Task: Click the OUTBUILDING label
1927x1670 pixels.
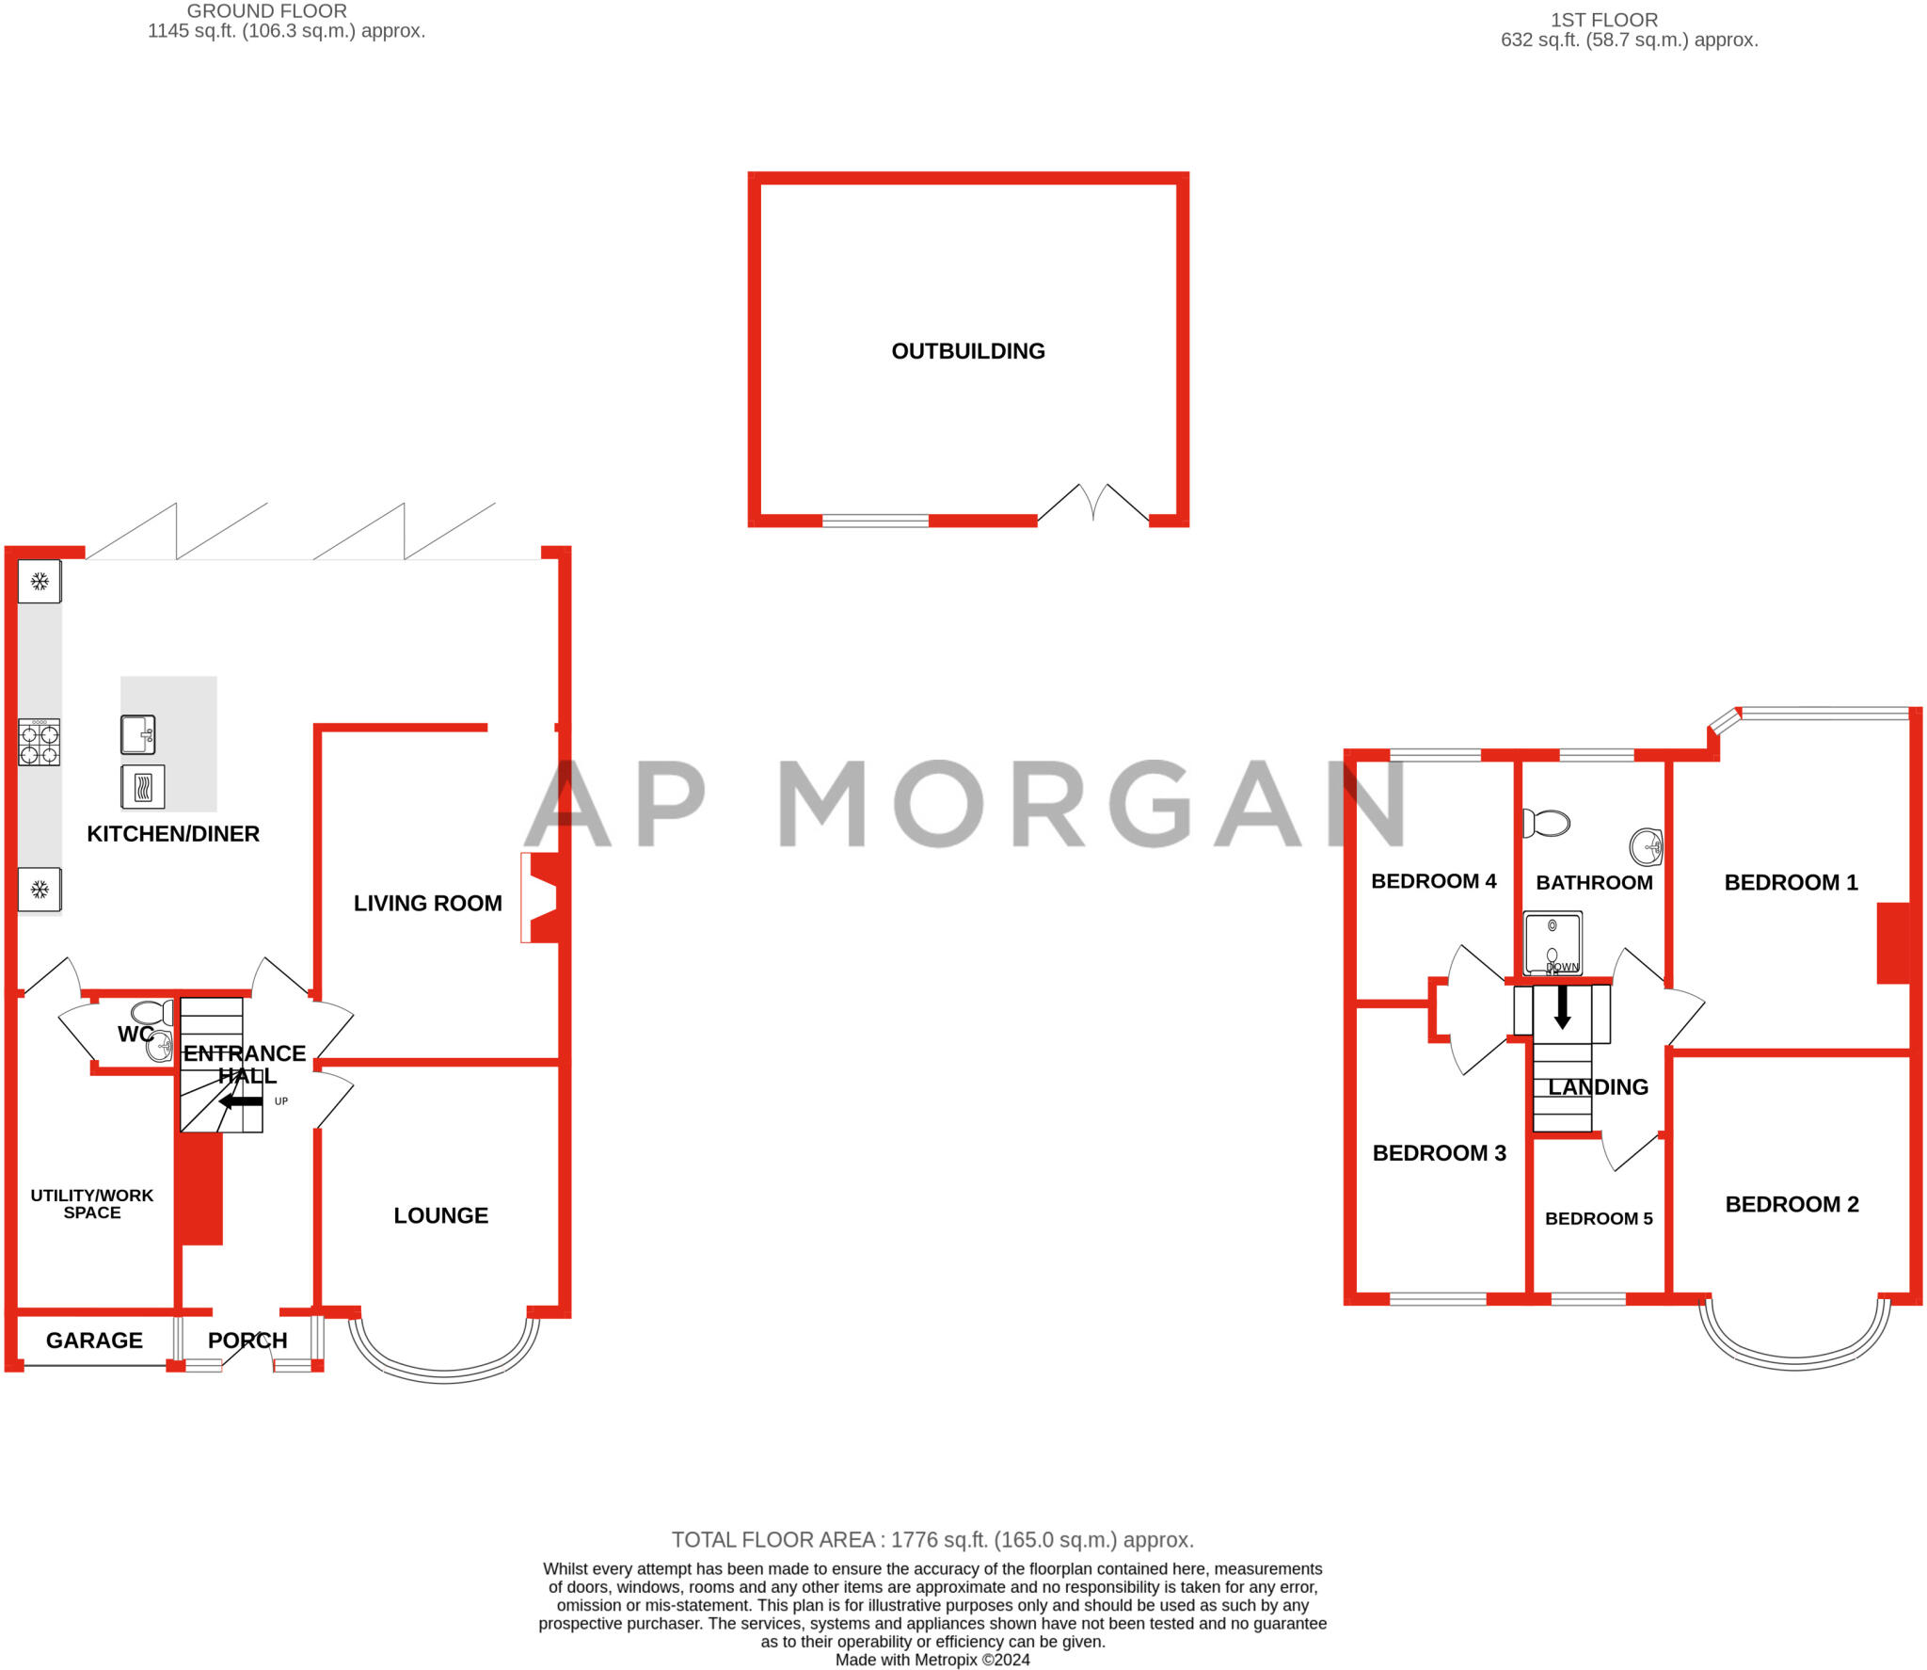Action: click(x=967, y=351)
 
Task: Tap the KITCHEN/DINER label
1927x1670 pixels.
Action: click(x=173, y=833)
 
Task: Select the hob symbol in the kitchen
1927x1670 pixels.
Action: click(x=40, y=742)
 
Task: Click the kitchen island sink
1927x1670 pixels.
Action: click(x=137, y=734)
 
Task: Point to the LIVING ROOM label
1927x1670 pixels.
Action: click(x=427, y=903)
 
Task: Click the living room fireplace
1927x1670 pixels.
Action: click(x=541, y=897)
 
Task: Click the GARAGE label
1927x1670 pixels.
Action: click(x=94, y=1340)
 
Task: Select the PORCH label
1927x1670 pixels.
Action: click(x=247, y=1340)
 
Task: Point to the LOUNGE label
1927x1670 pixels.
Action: click(x=440, y=1215)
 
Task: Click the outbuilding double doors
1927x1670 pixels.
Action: click(x=1092, y=503)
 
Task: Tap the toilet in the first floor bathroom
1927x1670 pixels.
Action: click(x=1546, y=823)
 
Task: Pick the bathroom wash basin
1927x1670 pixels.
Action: click(x=1646, y=846)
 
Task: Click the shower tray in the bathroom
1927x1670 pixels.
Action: click(x=1553, y=942)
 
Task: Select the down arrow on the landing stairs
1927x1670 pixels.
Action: click(x=1562, y=1007)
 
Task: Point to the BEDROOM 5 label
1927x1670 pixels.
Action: click(x=1599, y=1218)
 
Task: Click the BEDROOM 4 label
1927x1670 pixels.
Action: click(x=1433, y=881)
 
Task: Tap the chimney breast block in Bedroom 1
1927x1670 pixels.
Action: click(x=1893, y=943)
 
